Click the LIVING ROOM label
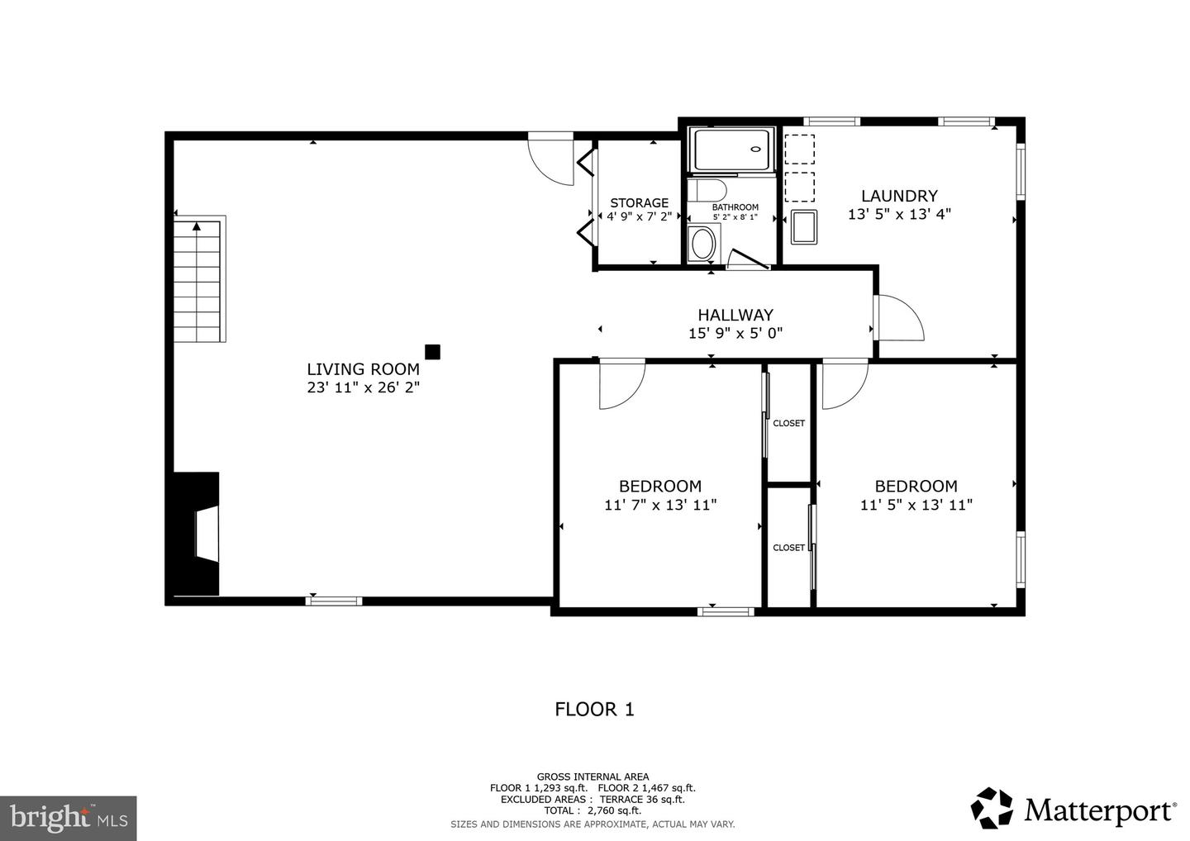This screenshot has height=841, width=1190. tap(363, 369)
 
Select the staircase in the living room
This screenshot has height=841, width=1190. tap(199, 281)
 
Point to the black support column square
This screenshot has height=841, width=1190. tap(432, 352)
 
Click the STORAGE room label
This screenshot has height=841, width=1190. tap(639, 202)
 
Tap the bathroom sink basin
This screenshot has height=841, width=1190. tap(704, 245)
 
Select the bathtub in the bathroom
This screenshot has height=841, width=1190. tap(732, 150)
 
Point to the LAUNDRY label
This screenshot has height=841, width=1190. tap(899, 196)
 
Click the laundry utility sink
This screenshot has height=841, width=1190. tap(803, 227)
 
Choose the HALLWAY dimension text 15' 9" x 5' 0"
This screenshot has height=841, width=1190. tap(735, 333)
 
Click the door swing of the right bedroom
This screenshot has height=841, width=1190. tap(843, 382)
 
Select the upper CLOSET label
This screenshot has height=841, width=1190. tap(788, 423)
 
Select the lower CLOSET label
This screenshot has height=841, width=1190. tap(788, 548)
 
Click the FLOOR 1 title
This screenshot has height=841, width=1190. tap(594, 709)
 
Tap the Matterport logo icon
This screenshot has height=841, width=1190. tap(992, 808)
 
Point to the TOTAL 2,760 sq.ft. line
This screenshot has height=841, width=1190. tap(593, 810)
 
